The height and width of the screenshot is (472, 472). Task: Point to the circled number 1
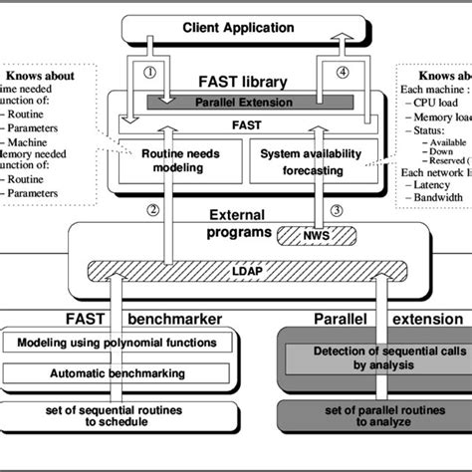pos(150,73)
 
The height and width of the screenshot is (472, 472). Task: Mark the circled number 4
pos(345,73)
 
